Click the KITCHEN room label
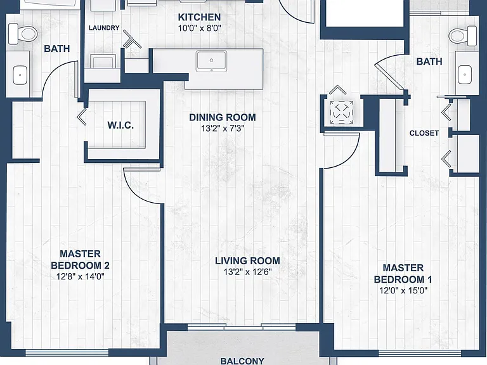tap(199, 17)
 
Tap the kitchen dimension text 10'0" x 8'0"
tap(199, 29)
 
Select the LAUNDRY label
tap(104, 28)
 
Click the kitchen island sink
tap(211, 61)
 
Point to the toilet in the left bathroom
tap(23, 34)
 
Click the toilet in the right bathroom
tap(462, 36)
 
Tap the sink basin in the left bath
tap(20, 75)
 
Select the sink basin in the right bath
tap(465, 75)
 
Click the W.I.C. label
tap(120, 125)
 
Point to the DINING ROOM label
tap(223, 117)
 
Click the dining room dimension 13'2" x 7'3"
tap(223, 129)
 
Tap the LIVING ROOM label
tap(247, 260)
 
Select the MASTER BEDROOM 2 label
tap(80, 260)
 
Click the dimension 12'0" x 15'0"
tap(403, 290)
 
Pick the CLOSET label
tap(424, 133)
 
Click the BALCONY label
tap(242, 361)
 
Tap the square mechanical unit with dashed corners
tap(341, 112)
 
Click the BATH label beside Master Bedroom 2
tap(57, 49)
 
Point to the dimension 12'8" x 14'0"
tap(80, 276)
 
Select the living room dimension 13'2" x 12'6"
tap(247, 272)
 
